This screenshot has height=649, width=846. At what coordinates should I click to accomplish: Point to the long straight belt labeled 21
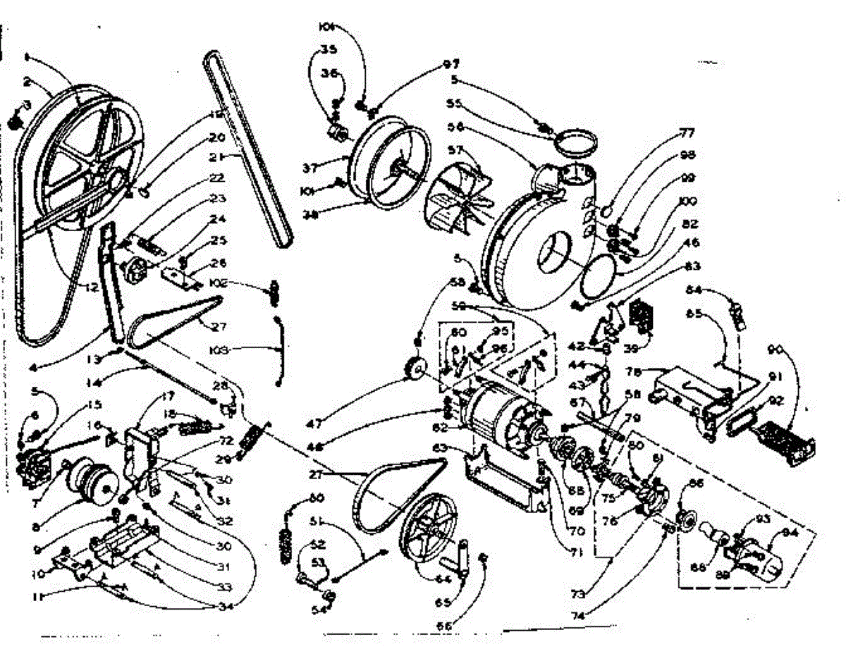pyautogui.click(x=246, y=152)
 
